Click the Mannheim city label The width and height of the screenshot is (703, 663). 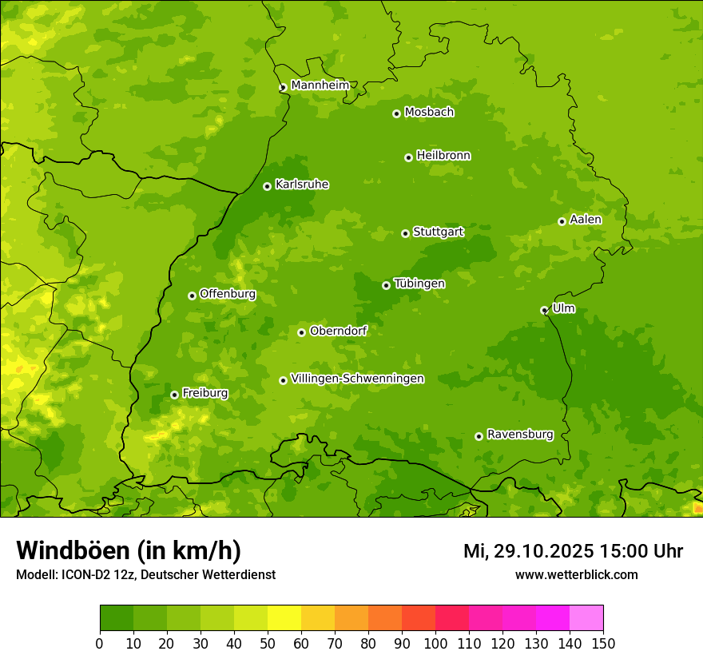[x=320, y=85]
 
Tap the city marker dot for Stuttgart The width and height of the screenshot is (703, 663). [x=405, y=233]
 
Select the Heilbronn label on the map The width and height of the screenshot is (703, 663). [x=443, y=156]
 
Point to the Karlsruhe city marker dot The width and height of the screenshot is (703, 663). [x=267, y=186]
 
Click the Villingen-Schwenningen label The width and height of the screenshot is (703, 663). [x=357, y=379]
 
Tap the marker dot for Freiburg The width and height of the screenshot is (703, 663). [x=174, y=395]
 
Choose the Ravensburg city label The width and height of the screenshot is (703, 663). [x=520, y=435]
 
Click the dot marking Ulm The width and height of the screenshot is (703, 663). [x=544, y=310]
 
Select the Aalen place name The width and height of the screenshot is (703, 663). [x=586, y=220]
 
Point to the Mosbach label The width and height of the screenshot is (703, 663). [x=429, y=113]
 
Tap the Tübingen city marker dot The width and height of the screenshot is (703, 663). [x=386, y=285]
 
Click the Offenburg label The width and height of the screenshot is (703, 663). [x=228, y=294]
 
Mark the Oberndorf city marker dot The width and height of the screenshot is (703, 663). [x=301, y=332]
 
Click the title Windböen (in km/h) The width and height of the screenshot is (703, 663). [x=129, y=550]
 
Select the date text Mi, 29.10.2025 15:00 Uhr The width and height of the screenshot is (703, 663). [x=573, y=551]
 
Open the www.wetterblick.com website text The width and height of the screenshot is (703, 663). [x=576, y=574]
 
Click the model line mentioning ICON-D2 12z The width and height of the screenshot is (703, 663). [x=145, y=574]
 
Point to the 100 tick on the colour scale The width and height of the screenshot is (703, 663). [x=435, y=643]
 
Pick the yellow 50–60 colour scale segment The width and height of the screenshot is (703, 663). [x=284, y=618]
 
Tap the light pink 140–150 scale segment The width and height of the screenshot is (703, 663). [x=586, y=618]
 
